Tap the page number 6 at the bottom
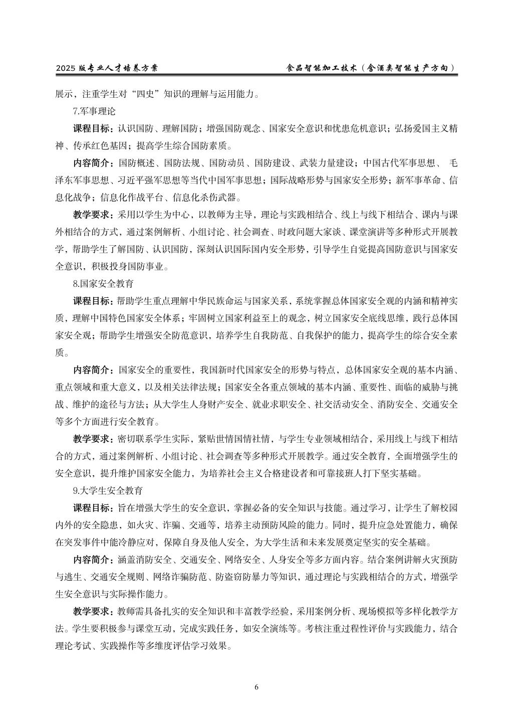(x=256, y=687)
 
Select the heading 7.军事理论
(x=94, y=111)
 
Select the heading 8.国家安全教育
(x=103, y=283)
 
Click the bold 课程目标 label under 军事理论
(x=93, y=128)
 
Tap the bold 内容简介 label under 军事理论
(x=93, y=163)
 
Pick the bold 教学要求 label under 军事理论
(x=93, y=215)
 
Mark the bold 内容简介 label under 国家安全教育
(x=93, y=370)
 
